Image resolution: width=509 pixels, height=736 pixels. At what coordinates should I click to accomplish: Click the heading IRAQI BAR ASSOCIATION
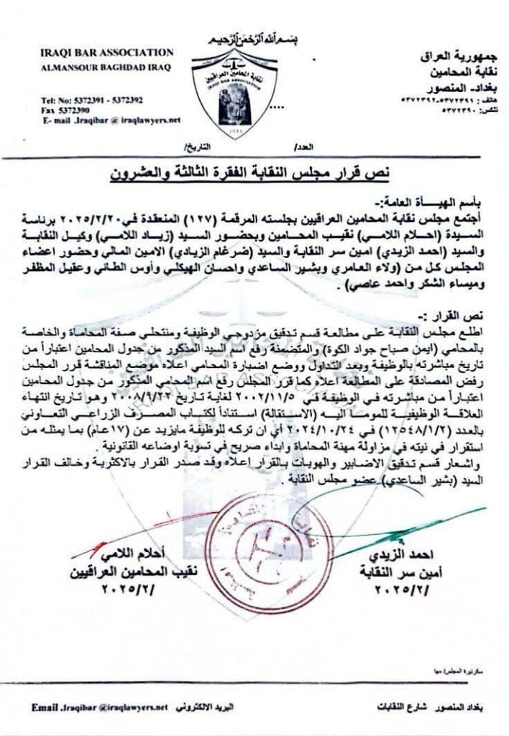pos(107,52)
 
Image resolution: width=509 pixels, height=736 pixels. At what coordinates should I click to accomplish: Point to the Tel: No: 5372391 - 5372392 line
pos(91,100)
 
